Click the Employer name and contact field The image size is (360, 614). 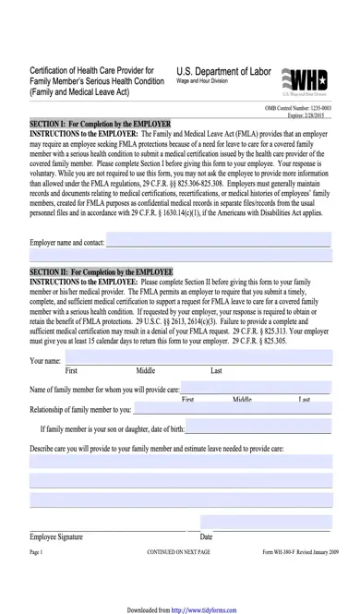pos(218,242)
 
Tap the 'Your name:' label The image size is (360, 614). pos(46,360)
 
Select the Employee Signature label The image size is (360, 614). pos(56,536)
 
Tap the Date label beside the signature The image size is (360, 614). pos(206,536)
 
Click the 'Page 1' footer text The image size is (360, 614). pos(37,551)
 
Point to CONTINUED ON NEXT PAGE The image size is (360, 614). pos(179,551)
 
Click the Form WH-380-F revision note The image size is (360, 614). pos(300,551)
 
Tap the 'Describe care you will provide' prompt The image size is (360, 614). pos(157,448)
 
